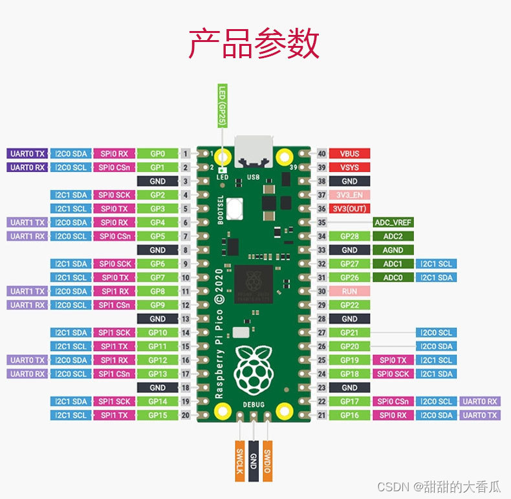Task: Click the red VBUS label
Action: pos(349,154)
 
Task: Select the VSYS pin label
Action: pos(349,167)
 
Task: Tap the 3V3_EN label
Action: pos(349,195)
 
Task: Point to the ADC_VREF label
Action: pos(393,222)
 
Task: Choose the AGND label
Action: pos(393,250)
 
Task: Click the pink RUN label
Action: pos(349,292)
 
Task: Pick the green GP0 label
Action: pos(158,154)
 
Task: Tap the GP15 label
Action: pos(158,415)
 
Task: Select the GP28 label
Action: pos(349,237)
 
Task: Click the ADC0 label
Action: pos(393,278)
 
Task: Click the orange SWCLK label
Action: pos(239,461)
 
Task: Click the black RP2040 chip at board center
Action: pos(253,284)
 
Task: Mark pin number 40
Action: pos(322,154)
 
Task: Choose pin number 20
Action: pos(185,415)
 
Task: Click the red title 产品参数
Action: pos(254,45)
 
